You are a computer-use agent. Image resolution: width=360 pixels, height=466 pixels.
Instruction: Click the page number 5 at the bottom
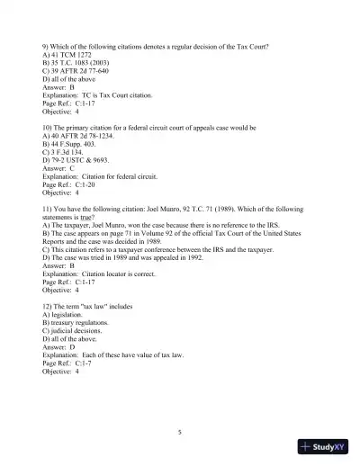coord(180,433)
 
